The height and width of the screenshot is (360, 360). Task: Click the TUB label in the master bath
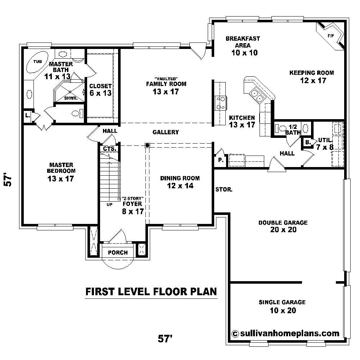[37, 62]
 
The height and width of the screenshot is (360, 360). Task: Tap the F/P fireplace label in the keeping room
[330, 36]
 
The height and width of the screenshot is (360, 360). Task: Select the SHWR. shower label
[70, 98]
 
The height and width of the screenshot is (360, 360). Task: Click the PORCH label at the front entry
[118, 252]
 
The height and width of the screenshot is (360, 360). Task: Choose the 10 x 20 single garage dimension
[282, 310]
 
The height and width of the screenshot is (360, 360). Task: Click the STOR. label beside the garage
[224, 189]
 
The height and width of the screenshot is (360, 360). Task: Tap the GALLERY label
[166, 132]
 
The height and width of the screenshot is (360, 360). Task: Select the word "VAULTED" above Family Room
[166, 78]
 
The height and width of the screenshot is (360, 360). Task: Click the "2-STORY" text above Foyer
[133, 198]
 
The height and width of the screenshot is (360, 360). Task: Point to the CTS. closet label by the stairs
[109, 148]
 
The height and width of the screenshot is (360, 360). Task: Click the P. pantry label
[220, 161]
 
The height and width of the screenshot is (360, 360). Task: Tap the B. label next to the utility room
[307, 142]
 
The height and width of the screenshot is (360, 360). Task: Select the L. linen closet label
[27, 116]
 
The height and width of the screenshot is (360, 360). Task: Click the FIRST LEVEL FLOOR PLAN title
[151, 291]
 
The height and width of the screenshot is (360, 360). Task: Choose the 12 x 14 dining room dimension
[180, 186]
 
